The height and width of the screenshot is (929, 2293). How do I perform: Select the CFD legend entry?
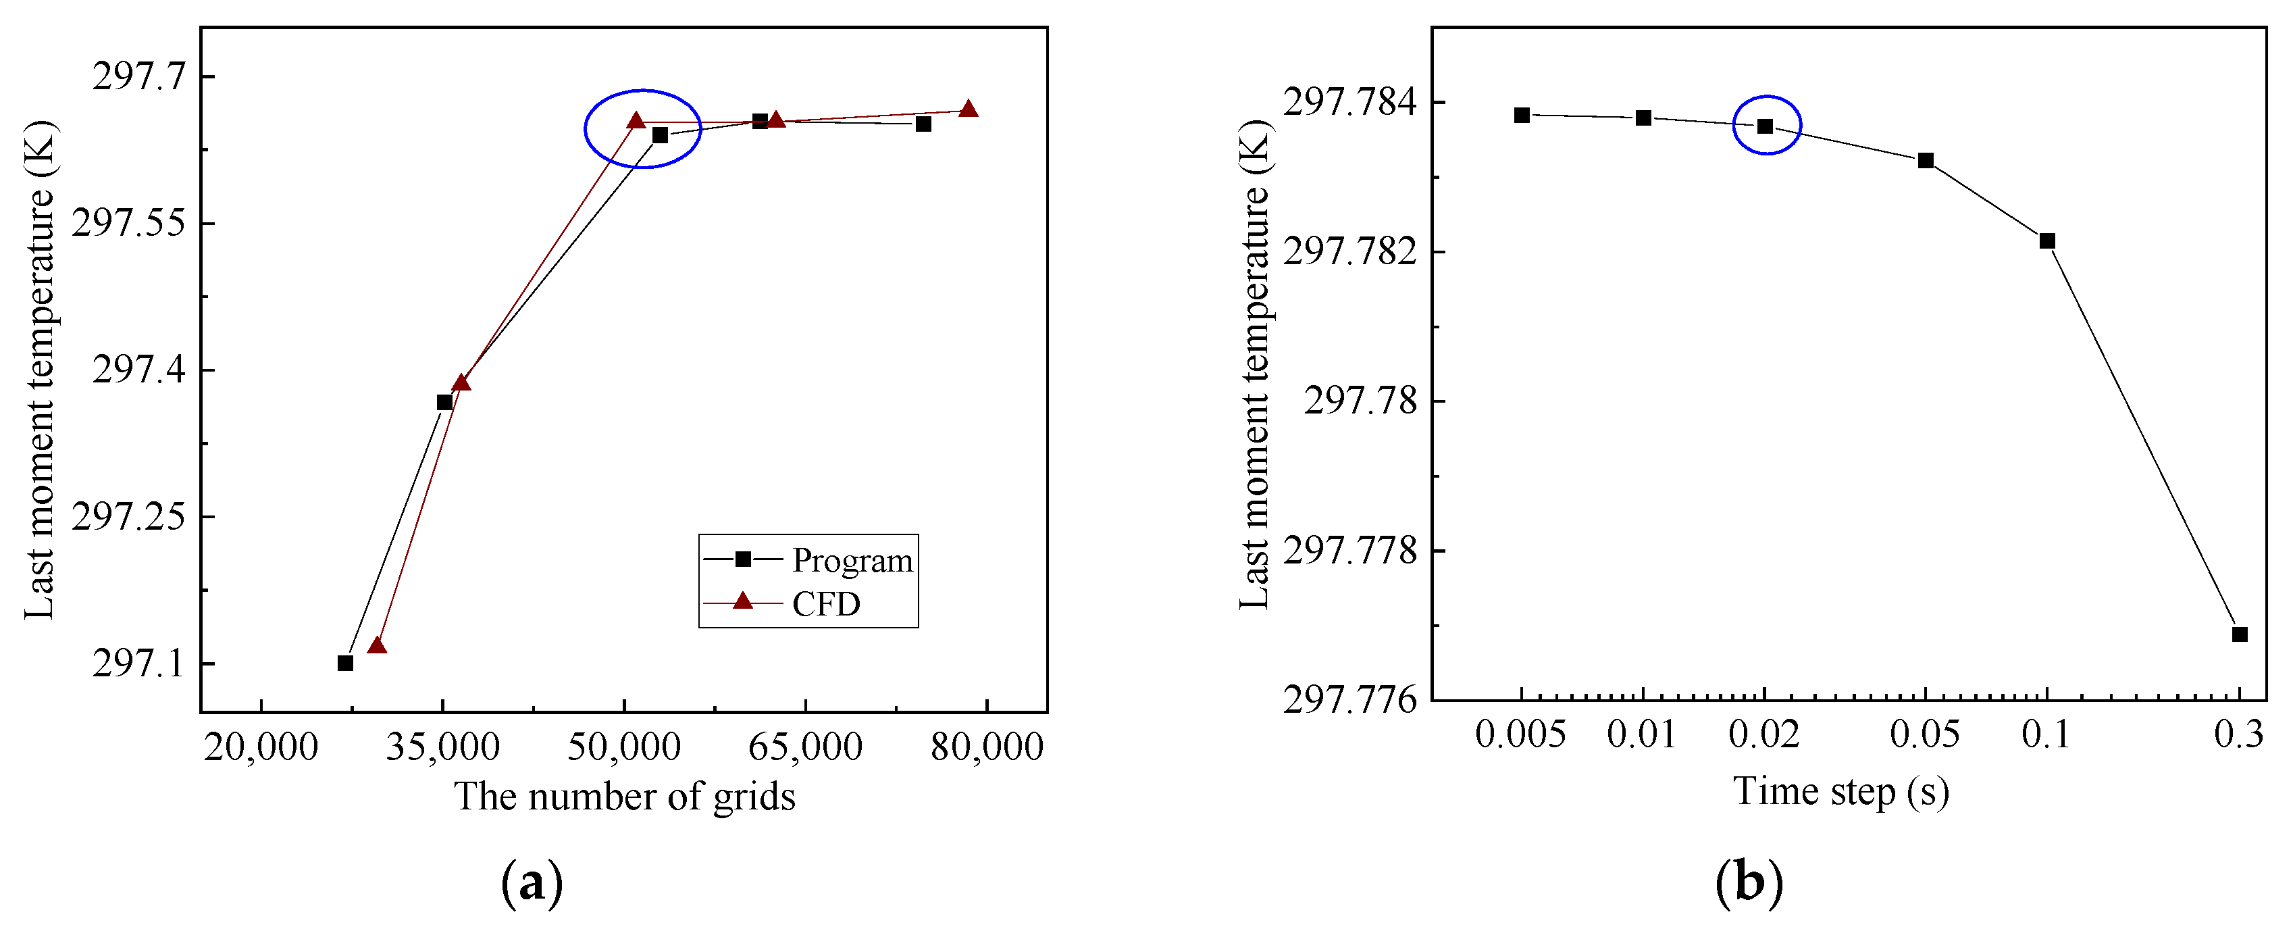825,604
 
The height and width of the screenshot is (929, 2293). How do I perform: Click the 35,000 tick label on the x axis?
442,747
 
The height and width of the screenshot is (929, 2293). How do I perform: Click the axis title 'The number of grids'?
625,795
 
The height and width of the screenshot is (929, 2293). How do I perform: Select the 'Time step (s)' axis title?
1840,791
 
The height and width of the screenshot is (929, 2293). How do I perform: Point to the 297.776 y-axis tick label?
1349,700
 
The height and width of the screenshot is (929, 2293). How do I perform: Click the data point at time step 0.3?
2240,634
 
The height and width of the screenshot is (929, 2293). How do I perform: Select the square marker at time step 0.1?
2047,241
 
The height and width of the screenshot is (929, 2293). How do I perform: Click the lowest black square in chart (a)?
345,663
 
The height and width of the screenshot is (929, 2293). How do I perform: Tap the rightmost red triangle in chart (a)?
969,109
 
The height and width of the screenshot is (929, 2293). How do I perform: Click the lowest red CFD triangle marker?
378,645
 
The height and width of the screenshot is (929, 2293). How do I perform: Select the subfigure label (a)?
532,882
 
